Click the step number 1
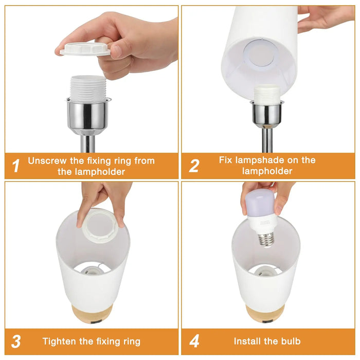pyautogui.click(x=16, y=166)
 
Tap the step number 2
pyautogui.click(x=194, y=166)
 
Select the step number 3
pyautogui.click(x=16, y=341)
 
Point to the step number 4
pyautogui.click(x=194, y=341)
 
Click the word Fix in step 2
pyautogui.click(x=225, y=160)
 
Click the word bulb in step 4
pyautogui.click(x=291, y=341)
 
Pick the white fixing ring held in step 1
pyautogui.click(x=85, y=49)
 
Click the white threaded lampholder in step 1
pyautogui.click(x=88, y=88)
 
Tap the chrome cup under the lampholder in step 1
pyautogui.click(x=88, y=116)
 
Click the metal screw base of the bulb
pyautogui.click(x=266, y=239)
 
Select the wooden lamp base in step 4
pyautogui.click(x=266, y=313)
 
